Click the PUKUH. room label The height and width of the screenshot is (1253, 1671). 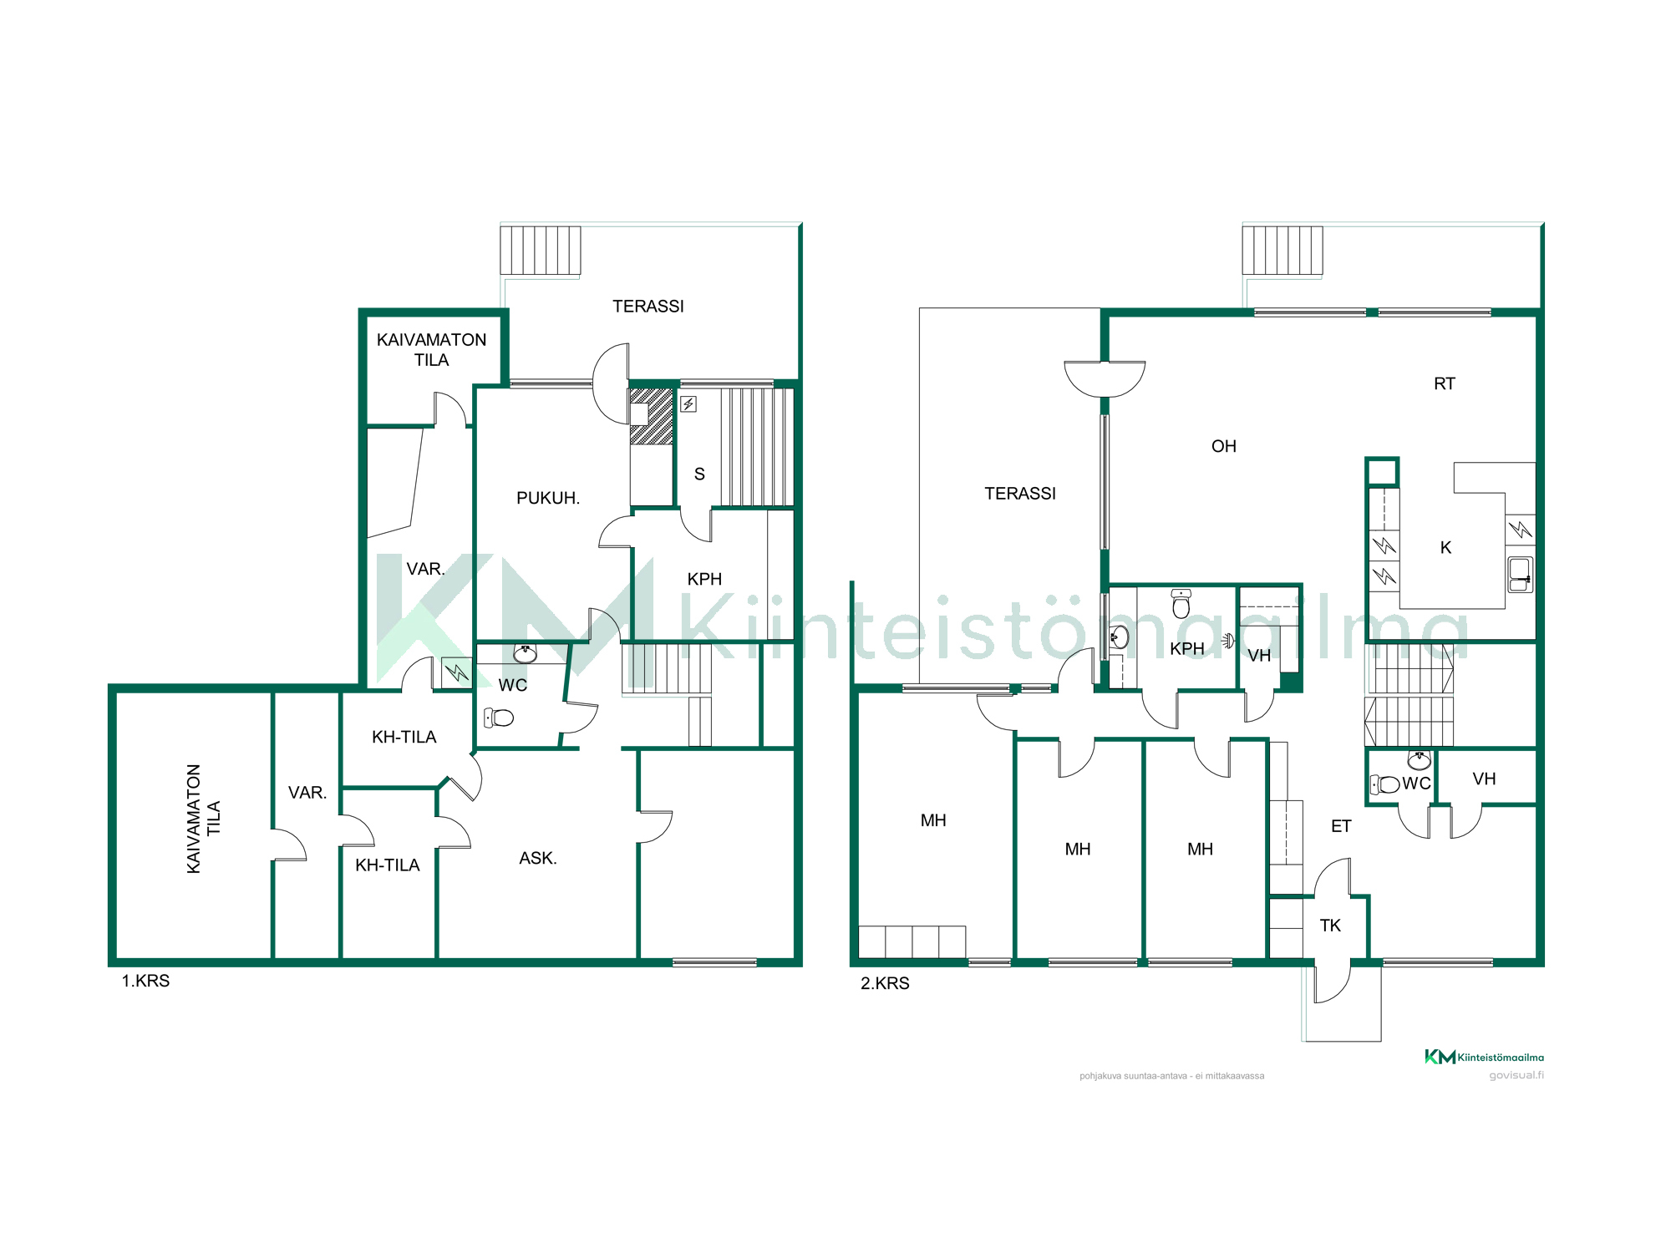[x=548, y=498]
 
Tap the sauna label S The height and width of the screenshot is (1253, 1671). [x=699, y=474]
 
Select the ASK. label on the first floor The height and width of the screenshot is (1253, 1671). [x=538, y=858]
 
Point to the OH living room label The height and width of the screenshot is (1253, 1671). [x=1224, y=446]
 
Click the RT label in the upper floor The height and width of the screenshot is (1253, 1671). [x=1445, y=383]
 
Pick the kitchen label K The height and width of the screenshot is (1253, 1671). [x=1445, y=547]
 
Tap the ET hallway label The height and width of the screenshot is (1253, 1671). [x=1341, y=826]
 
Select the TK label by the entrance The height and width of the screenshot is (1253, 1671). [x=1330, y=926]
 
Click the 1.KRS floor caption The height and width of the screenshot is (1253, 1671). [x=145, y=981]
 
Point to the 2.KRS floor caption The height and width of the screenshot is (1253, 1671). [x=885, y=983]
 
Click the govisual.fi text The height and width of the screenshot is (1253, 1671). [x=1516, y=1075]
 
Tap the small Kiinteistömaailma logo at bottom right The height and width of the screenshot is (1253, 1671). [x=1484, y=1057]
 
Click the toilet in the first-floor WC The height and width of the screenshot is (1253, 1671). [x=499, y=717]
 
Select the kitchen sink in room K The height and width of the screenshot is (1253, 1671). [x=1521, y=575]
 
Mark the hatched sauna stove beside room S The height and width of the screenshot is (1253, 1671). [x=651, y=416]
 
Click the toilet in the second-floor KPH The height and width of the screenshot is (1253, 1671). [x=1181, y=603]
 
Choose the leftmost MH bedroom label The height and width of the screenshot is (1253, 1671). [x=933, y=820]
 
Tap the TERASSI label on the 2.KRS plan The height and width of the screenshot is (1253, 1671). [x=1020, y=494]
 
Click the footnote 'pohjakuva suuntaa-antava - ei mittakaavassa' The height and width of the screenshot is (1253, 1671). [x=1171, y=1076]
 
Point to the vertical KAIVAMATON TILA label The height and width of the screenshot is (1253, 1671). [x=203, y=819]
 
